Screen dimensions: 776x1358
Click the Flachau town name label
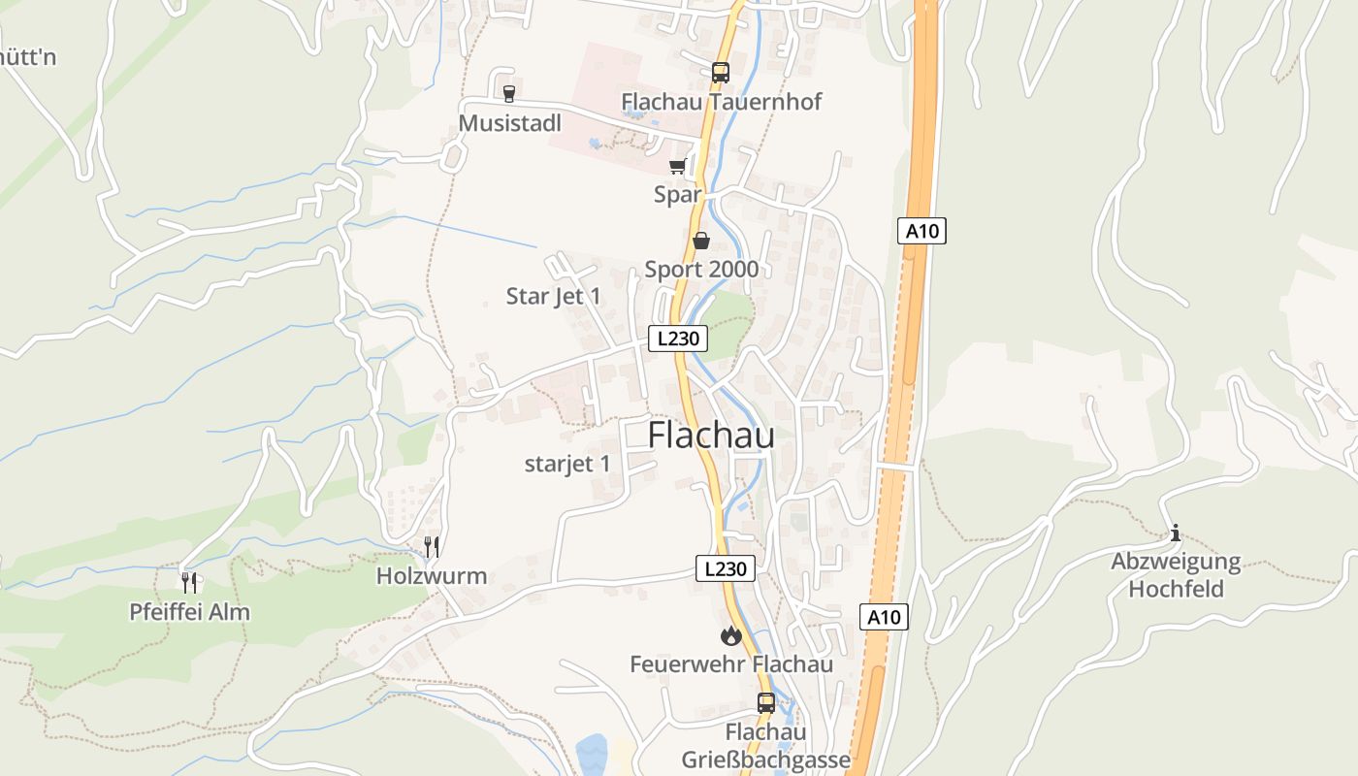(711, 436)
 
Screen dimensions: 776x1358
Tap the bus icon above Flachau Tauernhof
(720, 72)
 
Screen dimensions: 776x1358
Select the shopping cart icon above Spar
(677, 166)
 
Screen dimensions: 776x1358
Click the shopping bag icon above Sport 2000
(701, 241)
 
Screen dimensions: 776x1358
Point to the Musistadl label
(509, 123)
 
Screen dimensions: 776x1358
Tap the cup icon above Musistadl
(508, 93)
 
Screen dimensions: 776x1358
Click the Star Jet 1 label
(553, 296)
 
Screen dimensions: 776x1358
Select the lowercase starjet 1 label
(567, 464)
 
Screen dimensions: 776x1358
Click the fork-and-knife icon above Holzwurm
(432, 546)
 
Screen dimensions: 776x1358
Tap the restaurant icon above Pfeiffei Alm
(189, 582)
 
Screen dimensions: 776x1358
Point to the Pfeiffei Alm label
(190, 612)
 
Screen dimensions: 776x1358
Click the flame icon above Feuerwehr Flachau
(730, 636)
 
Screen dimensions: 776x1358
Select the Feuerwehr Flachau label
(731, 664)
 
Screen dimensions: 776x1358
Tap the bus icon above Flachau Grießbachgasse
(765, 703)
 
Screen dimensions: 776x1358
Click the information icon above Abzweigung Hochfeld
(1176, 533)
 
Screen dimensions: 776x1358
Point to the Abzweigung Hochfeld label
(1176, 575)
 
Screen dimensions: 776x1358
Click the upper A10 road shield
(921, 231)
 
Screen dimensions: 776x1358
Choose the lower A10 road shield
(884, 616)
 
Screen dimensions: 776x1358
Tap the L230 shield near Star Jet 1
(677, 339)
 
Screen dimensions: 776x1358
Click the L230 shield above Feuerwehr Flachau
(725, 568)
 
